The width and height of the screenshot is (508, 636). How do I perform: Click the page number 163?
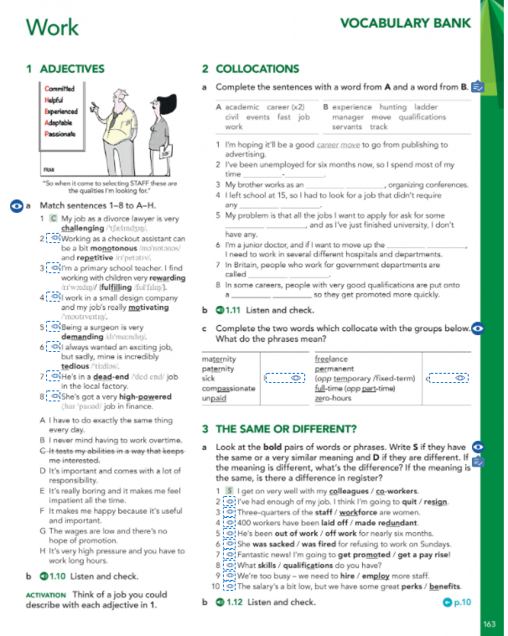[x=490, y=623]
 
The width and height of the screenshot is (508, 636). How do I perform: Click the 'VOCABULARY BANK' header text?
[x=406, y=23]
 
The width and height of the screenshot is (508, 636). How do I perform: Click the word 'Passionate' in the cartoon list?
[x=60, y=133]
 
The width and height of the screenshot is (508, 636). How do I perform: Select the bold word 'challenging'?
[x=83, y=227]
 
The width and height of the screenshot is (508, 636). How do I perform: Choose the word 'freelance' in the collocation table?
[x=331, y=359]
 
